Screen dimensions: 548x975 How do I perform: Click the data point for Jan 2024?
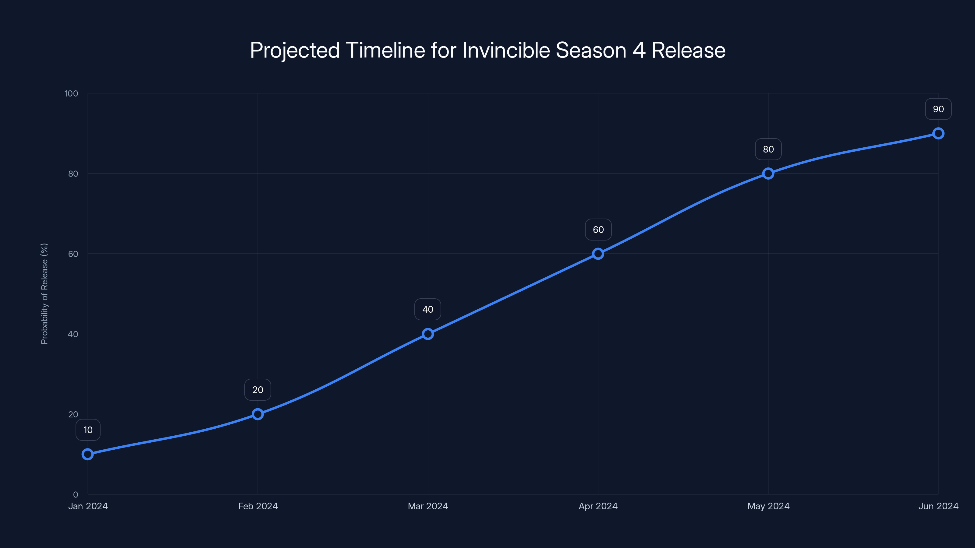(88, 454)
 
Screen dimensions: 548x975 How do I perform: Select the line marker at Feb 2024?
(258, 414)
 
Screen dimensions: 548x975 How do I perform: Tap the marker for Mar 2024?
(428, 334)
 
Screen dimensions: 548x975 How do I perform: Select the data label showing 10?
(88, 430)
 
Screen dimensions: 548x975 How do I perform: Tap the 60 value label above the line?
(598, 230)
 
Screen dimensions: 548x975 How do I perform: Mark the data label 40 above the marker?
(428, 309)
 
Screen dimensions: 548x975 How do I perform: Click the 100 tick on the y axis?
(71, 93)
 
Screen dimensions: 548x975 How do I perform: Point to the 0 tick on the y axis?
(76, 495)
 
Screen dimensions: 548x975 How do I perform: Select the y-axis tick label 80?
(73, 174)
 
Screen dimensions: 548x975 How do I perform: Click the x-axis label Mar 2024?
(428, 506)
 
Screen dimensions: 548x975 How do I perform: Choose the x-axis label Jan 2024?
(88, 506)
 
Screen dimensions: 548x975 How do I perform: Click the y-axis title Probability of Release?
(44, 293)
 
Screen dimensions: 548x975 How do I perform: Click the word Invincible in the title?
(506, 50)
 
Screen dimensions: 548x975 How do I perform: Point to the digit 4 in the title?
(639, 50)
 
